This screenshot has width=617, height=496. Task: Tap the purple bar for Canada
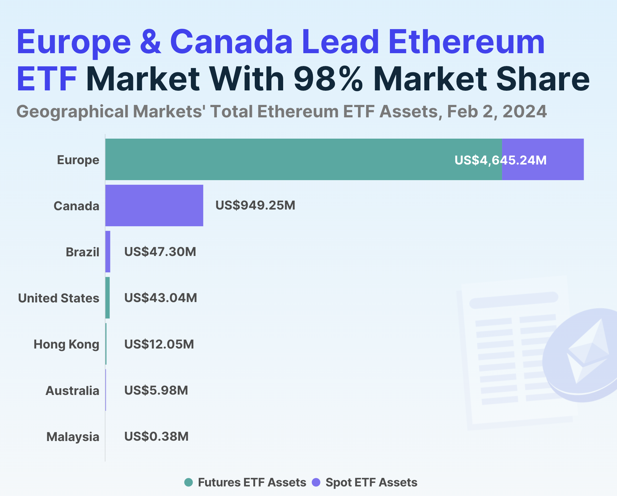pyautogui.click(x=154, y=205)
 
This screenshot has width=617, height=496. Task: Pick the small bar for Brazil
pyautogui.click(x=108, y=252)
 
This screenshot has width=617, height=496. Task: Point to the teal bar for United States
pyautogui.click(x=108, y=298)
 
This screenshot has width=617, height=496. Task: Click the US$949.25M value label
pyautogui.click(x=255, y=205)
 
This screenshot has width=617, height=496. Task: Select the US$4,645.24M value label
pyautogui.click(x=500, y=160)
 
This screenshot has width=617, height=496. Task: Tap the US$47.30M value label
pyautogui.click(x=160, y=252)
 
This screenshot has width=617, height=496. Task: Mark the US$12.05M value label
pyautogui.click(x=159, y=344)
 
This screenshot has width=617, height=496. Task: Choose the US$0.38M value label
pyautogui.click(x=156, y=436)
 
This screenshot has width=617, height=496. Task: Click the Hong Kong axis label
pyautogui.click(x=66, y=344)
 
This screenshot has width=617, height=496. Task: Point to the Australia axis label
pyautogui.click(x=72, y=391)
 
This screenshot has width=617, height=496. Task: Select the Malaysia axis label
pyautogui.click(x=73, y=437)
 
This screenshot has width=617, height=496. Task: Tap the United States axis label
pyautogui.click(x=59, y=298)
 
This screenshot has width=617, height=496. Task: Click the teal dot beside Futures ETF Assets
pyautogui.click(x=189, y=482)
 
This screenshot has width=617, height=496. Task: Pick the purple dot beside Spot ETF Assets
pyautogui.click(x=316, y=482)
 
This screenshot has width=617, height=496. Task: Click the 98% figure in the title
pyautogui.click(x=328, y=79)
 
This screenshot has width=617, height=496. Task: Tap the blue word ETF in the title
pyautogui.click(x=46, y=79)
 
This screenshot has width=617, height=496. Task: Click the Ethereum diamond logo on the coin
pyautogui.click(x=587, y=351)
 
